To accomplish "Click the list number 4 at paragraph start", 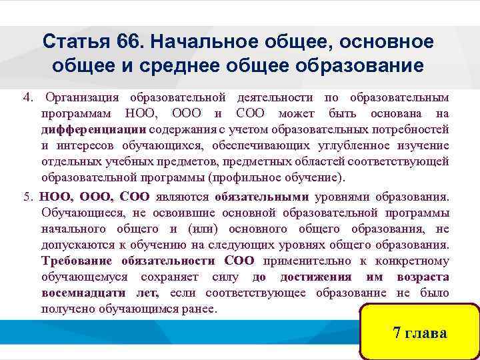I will [x=26, y=98].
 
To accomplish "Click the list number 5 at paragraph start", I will [x=26, y=197].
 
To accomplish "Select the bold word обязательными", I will [x=261, y=197].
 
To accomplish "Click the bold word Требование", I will [x=76, y=261].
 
